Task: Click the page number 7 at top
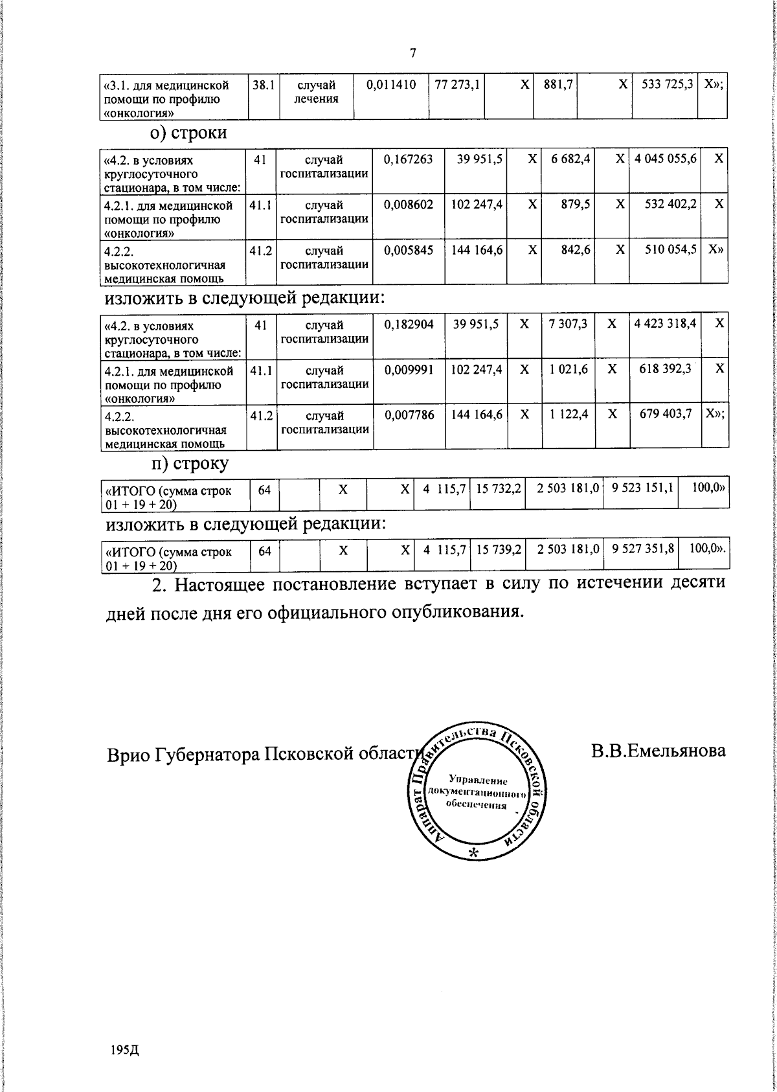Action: point(412,54)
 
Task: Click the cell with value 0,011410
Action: point(390,84)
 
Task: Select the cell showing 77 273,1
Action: point(457,84)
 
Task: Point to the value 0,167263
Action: point(408,159)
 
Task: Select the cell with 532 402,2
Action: point(671,204)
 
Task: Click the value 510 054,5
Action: point(671,250)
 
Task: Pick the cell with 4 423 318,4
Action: point(665,324)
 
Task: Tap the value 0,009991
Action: point(408,369)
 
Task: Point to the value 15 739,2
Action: point(499,549)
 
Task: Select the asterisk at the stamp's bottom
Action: point(473,853)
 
